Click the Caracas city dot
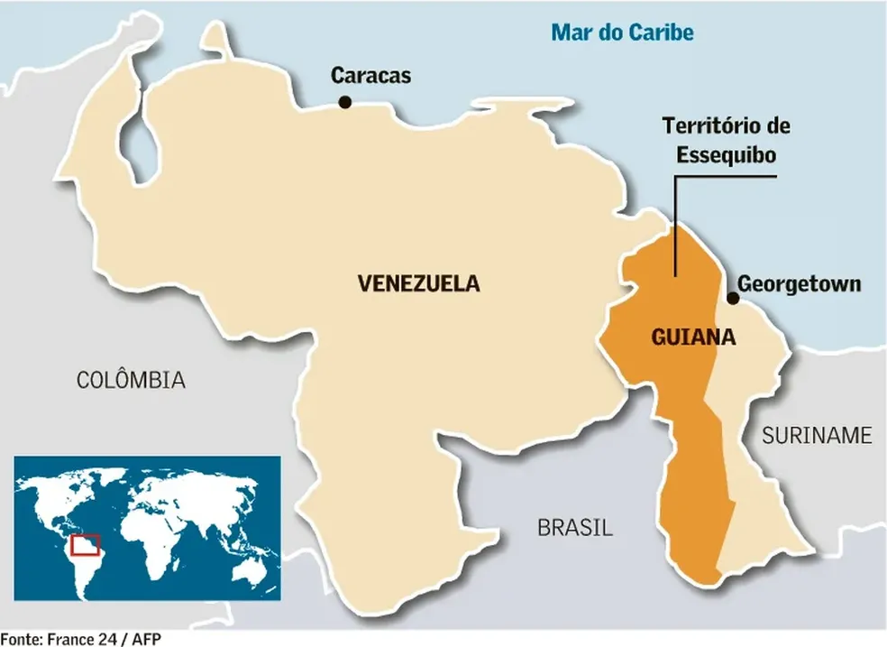pyautogui.click(x=344, y=104)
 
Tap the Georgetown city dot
pyautogui.click(x=733, y=298)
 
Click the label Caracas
pyautogui.click(x=370, y=76)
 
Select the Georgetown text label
pyautogui.click(x=799, y=284)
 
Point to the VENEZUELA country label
pyautogui.click(x=418, y=284)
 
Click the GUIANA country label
pyautogui.click(x=692, y=338)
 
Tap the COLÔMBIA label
pyautogui.click(x=131, y=380)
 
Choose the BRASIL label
pyautogui.click(x=575, y=528)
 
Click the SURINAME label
pyautogui.click(x=817, y=436)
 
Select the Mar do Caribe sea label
pyautogui.click(x=623, y=33)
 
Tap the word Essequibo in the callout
pyautogui.click(x=727, y=154)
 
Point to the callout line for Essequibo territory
pyautogui.click(x=675, y=226)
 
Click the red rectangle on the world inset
pyautogui.click(x=86, y=545)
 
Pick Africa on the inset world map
pyautogui.click(x=149, y=537)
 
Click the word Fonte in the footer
pyautogui.click(x=20, y=639)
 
